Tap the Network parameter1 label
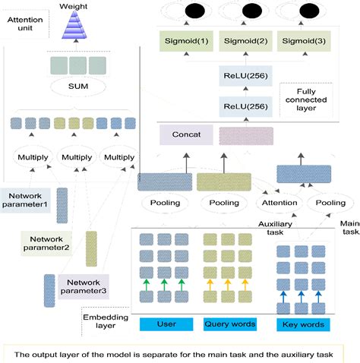(x=27, y=199)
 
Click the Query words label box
(x=228, y=325)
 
